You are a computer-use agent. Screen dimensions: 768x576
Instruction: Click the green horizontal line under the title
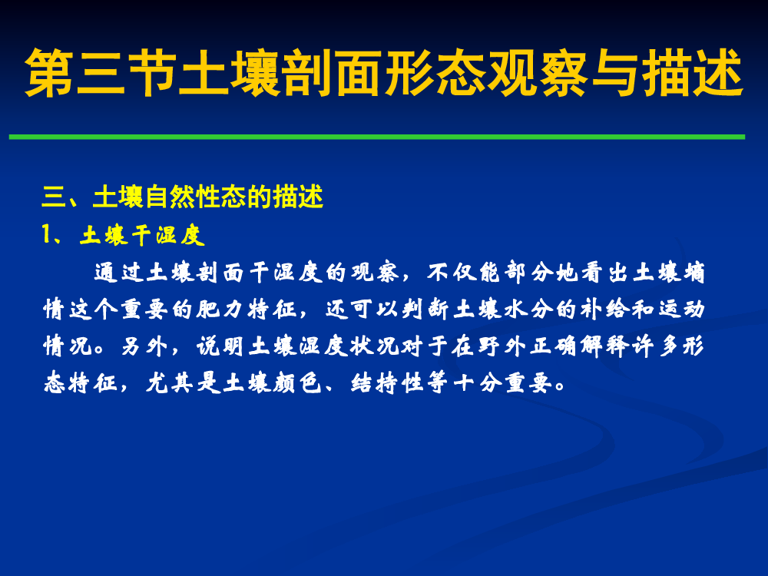pos(376,137)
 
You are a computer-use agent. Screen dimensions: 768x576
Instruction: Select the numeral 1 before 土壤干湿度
pos(47,234)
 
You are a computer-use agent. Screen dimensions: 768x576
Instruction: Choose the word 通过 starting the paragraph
pos(119,273)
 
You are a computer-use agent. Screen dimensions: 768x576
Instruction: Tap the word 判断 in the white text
pos(425,310)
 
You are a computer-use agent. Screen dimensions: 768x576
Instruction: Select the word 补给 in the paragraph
pos(604,310)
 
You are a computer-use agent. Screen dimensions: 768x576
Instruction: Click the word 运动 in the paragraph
pos(681,310)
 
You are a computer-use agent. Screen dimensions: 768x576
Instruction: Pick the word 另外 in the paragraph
pos(144,347)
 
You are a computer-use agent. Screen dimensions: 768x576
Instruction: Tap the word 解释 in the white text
pos(604,347)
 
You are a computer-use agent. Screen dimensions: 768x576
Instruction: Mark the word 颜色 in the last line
pos(296,383)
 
